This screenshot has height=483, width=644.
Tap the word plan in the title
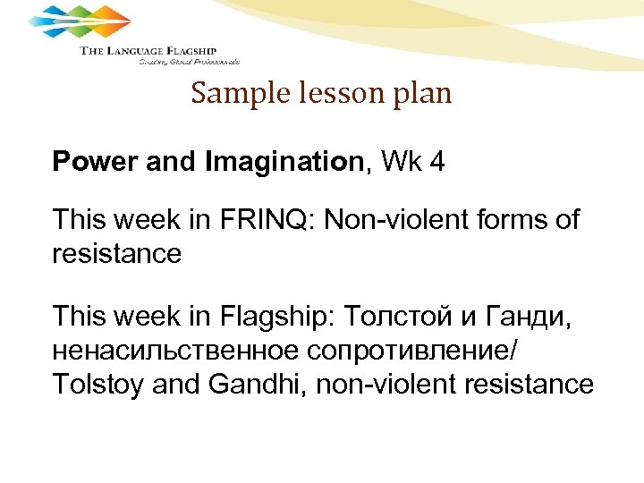click(424, 94)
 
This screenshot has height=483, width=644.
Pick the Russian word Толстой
click(391, 316)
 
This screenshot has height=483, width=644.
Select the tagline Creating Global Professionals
click(189, 63)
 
